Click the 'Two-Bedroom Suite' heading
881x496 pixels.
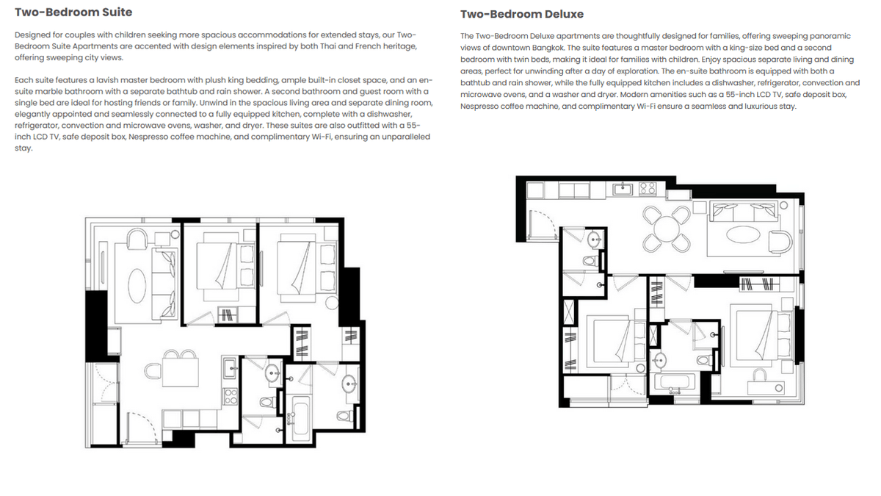[73, 12]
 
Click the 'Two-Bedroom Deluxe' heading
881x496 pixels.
[521, 15]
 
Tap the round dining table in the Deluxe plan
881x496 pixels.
[666, 225]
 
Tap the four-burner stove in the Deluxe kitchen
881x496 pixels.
[648, 187]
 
